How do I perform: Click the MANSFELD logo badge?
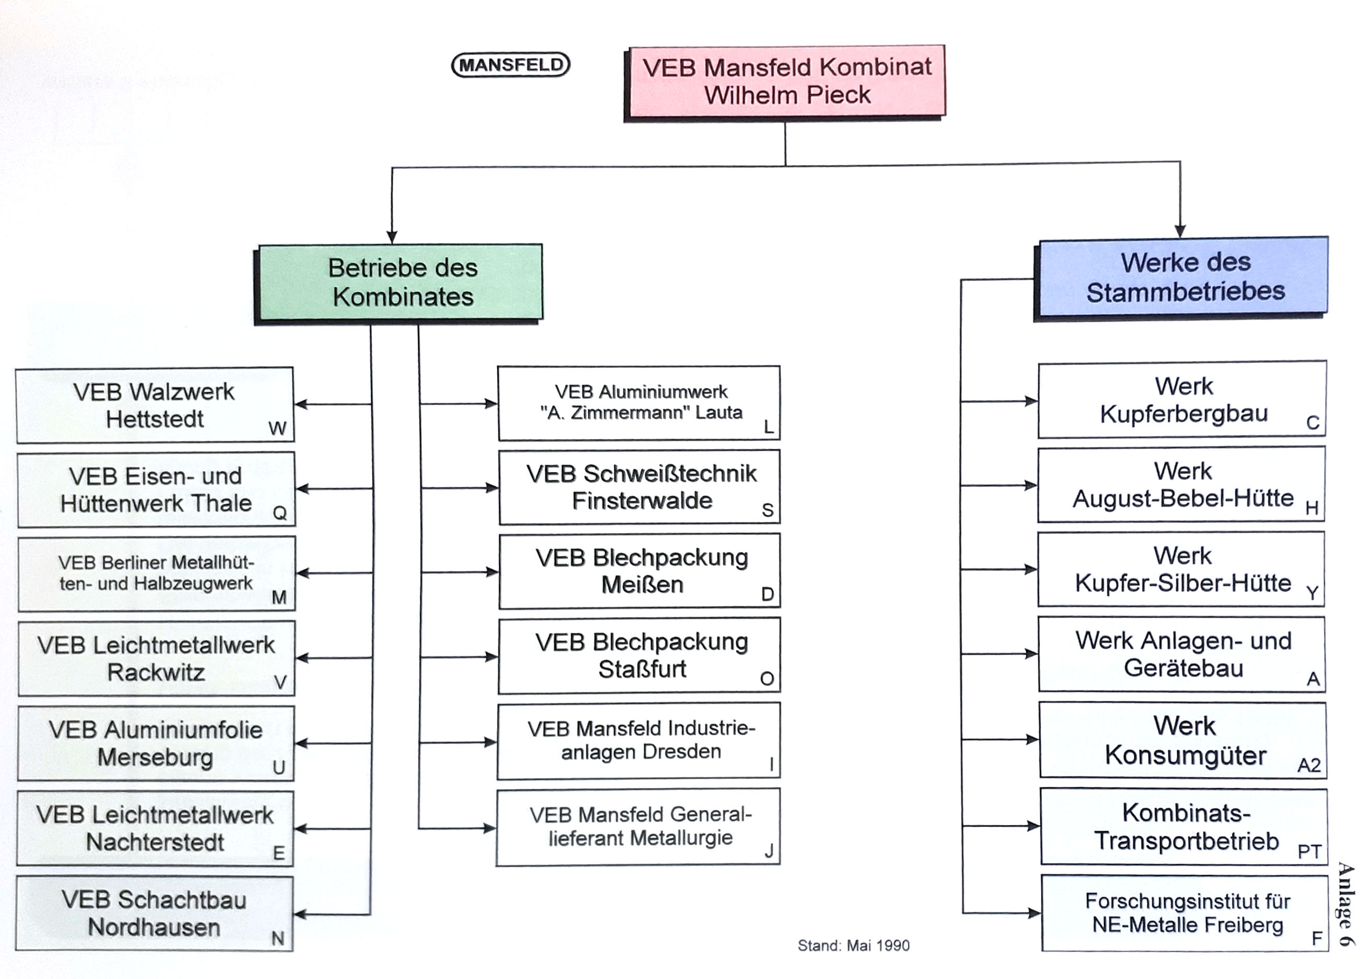click(511, 65)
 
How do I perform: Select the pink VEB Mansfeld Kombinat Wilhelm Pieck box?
click(786, 81)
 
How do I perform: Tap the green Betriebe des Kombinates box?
click(401, 282)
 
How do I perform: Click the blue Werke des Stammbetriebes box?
click(1184, 277)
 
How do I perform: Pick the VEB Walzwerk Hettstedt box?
click(155, 405)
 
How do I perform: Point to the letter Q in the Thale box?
click(280, 513)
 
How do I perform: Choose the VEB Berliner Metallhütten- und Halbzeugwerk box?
click(156, 573)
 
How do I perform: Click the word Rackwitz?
click(156, 672)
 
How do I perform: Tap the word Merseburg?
click(155, 757)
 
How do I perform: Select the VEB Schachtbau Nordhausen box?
click(155, 913)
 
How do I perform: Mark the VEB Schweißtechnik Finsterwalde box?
click(640, 487)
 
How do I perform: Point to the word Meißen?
click(642, 585)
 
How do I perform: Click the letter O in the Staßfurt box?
click(767, 679)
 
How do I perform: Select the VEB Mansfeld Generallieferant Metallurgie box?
click(638, 827)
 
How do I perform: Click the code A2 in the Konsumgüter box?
click(1309, 765)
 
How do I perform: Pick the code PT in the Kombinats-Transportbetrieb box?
click(1309, 851)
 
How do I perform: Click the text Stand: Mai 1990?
click(853, 945)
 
